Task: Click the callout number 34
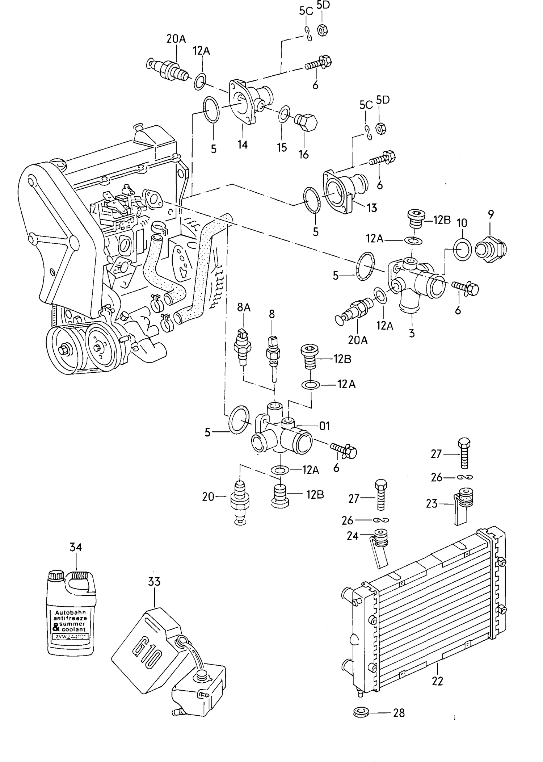tap(76, 547)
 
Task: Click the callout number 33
tap(154, 582)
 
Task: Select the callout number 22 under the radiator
tap(437, 681)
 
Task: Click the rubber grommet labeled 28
tap(360, 712)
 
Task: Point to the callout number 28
tap(399, 713)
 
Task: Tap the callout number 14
tap(242, 145)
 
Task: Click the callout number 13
tap(371, 208)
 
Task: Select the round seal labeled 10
tap(462, 250)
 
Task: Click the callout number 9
tap(491, 215)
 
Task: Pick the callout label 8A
tap(244, 307)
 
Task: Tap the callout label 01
tap(325, 426)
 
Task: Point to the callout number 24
tap(352, 536)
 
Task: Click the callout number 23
tap(432, 503)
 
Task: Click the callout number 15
tap(282, 147)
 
